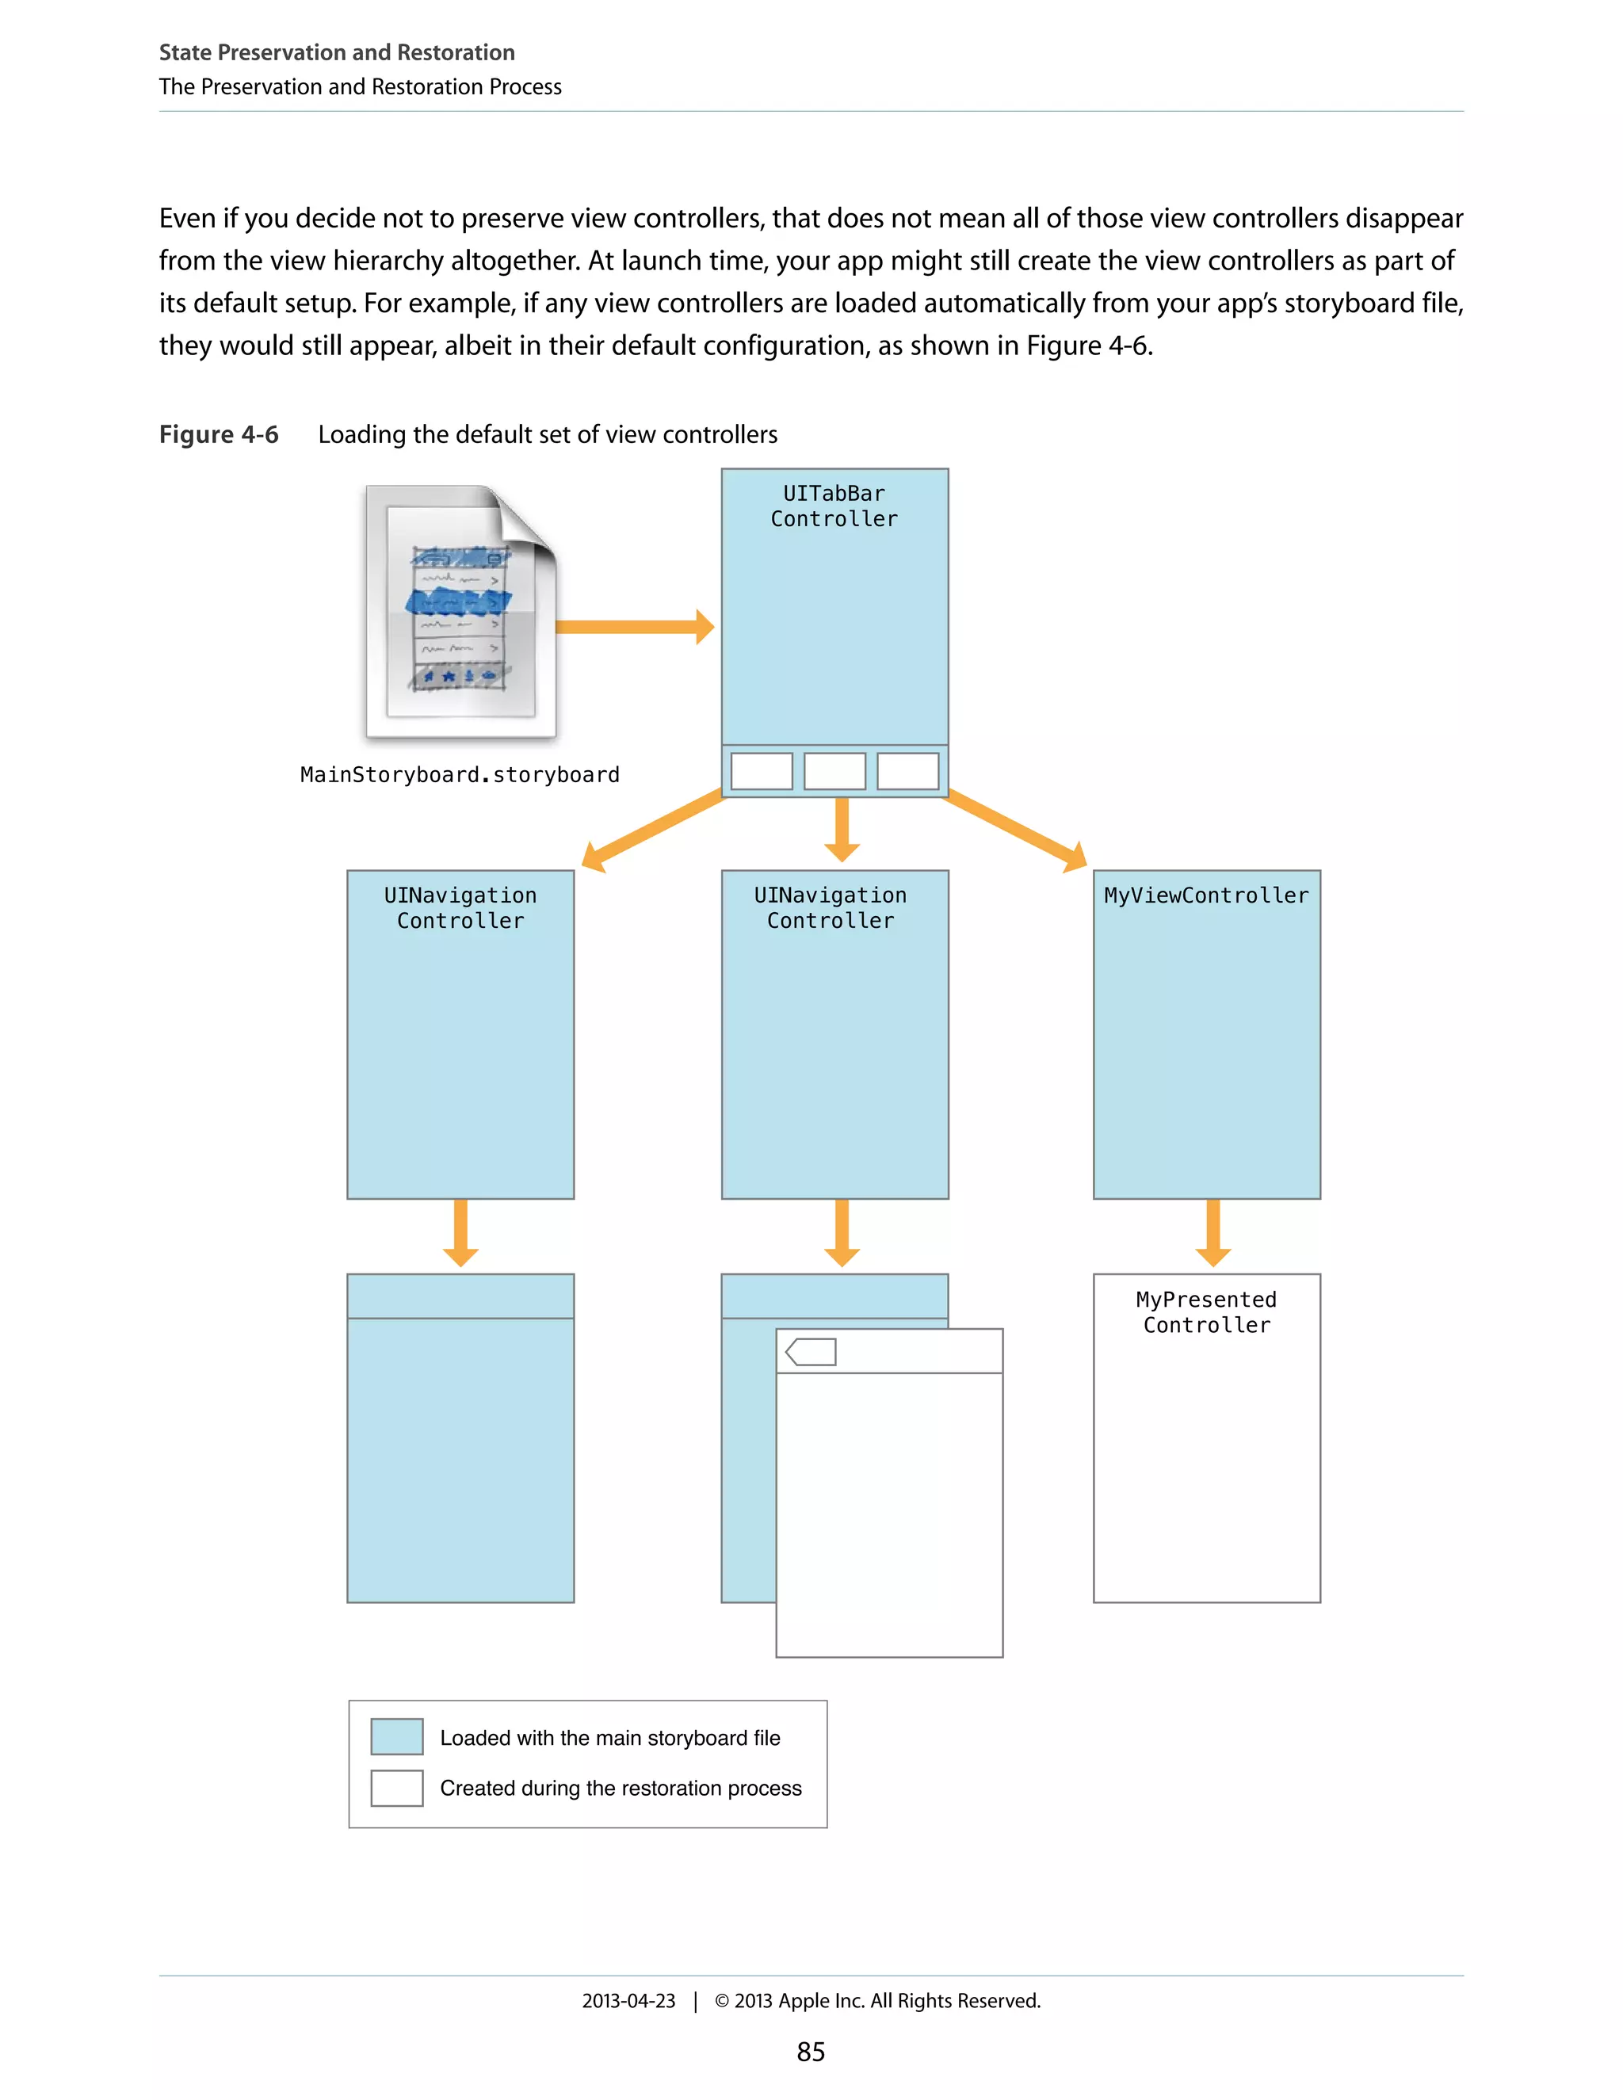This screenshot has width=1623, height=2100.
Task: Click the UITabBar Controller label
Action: [x=834, y=506]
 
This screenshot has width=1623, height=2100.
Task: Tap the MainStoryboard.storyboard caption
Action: [x=460, y=775]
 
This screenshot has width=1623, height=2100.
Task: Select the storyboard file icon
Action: [x=460, y=613]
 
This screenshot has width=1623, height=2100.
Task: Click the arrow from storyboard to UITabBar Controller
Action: [x=635, y=627]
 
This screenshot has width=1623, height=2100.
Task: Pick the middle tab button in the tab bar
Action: [x=834, y=771]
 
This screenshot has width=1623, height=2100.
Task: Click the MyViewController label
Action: [x=1205, y=895]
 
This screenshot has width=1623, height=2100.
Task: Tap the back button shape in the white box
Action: [x=811, y=1352]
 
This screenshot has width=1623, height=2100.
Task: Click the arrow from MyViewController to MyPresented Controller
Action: [x=1212, y=1233]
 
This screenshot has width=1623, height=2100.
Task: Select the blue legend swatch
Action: [x=396, y=1736]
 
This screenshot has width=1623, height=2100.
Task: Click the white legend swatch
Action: [x=396, y=1788]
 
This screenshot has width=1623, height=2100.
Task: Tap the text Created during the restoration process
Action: [x=621, y=1788]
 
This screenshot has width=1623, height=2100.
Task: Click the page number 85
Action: [x=811, y=2052]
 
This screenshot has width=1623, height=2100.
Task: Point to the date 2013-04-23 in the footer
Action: [x=628, y=2001]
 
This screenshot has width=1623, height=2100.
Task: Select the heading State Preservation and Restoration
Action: [x=337, y=52]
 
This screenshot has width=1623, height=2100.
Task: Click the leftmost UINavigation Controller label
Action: [x=460, y=907]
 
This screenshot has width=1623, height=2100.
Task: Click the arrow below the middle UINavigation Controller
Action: [x=842, y=1233]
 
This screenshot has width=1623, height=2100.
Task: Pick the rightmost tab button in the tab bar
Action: [x=907, y=771]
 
